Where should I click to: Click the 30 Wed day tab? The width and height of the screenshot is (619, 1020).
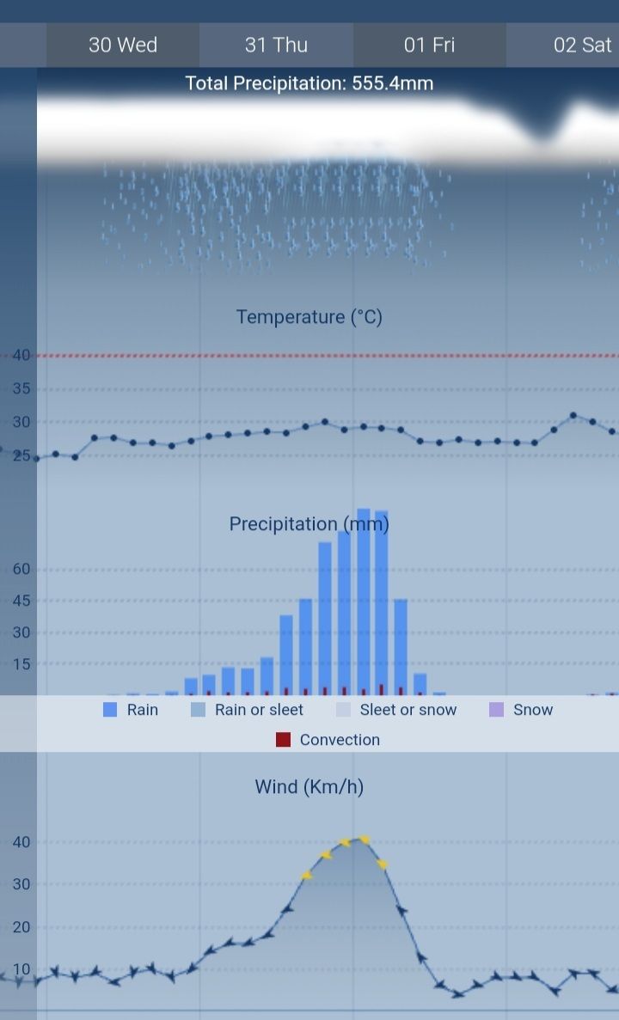pyautogui.click(x=123, y=45)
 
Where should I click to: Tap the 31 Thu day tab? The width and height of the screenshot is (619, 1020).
pyautogui.click(x=276, y=45)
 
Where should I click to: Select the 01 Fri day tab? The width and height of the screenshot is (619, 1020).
pyautogui.click(x=429, y=45)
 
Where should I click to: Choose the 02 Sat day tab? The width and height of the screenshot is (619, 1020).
pyautogui.click(x=581, y=45)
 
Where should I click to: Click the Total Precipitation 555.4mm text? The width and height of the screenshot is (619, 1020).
pyautogui.click(x=309, y=83)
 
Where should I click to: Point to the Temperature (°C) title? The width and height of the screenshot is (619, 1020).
pyautogui.click(x=309, y=317)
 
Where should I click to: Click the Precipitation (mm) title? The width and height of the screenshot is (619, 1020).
pyautogui.click(x=309, y=523)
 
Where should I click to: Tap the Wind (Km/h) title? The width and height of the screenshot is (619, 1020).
pyautogui.click(x=309, y=786)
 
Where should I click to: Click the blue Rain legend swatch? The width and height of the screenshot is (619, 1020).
pyautogui.click(x=110, y=710)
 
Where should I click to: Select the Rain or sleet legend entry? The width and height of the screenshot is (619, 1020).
pyautogui.click(x=259, y=710)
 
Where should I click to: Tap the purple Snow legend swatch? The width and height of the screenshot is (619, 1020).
pyautogui.click(x=496, y=710)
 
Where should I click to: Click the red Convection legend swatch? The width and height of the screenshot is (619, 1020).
pyautogui.click(x=284, y=740)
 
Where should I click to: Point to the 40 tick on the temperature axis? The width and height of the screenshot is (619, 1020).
pyautogui.click(x=21, y=355)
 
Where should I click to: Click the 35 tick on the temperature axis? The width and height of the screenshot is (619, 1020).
pyautogui.click(x=21, y=388)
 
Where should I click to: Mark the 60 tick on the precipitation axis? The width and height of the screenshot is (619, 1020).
pyautogui.click(x=21, y=569)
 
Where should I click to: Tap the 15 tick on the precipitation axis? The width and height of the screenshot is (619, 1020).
pyautogui.click(x=21, y=663)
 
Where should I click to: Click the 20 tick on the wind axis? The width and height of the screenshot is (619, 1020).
pyautogui.click(x=21, y=927)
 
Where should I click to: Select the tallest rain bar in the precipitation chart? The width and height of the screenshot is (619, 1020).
pyautogui.click(x=363, y=602)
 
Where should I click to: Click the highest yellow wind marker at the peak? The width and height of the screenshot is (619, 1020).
pyautogui.click(x=364, y=840)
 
